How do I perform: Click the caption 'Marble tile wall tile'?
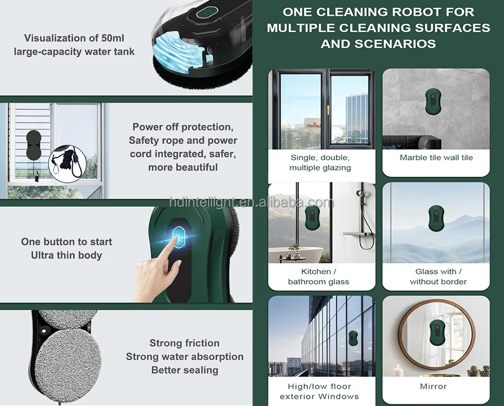pyautogui.click(x=436, y=158)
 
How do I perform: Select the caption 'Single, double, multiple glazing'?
pyautogui.click(x=320, y=163)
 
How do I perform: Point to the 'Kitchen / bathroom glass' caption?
pyautogui.click(x=319, y=276)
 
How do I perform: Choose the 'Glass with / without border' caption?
pyautogui.click(x=438, y=276)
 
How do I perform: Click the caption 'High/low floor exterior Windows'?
pyautogui.click(x=319, y=391)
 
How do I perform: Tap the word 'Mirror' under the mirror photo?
pyautogui.click(x=433, y=386)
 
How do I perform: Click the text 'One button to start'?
pyautogui.click(x=67, y=242)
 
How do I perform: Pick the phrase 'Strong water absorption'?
pyautogui.click(x=184, y=357)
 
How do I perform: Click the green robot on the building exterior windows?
pyautogui.click(x=353, y=338)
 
